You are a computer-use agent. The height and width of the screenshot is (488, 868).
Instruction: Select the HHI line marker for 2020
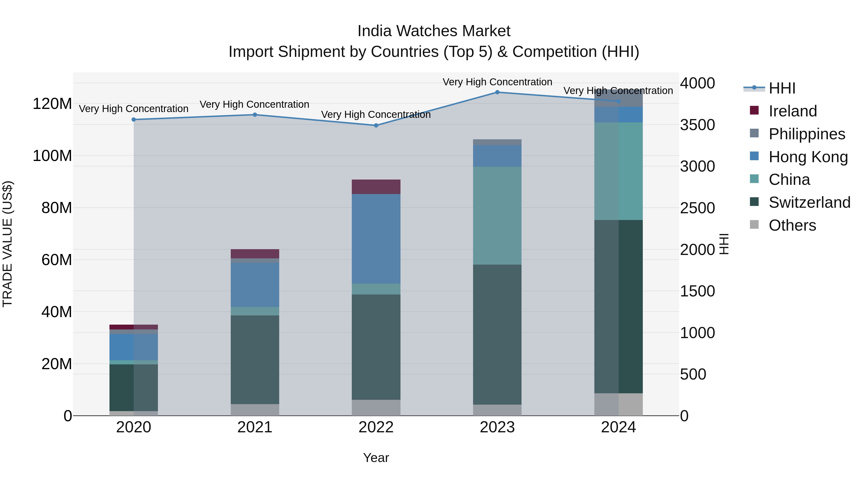[x=134, y=120]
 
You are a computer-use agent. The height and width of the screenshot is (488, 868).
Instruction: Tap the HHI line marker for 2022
[x=376, y=125]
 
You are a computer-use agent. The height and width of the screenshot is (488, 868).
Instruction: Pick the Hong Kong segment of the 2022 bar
[x=376, y=239]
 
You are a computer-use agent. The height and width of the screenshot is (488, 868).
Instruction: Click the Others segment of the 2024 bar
[x=618, y=404]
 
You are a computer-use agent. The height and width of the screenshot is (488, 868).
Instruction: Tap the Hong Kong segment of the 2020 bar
[x=134, y=347]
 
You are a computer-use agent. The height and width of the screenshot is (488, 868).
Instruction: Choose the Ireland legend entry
[x=793, y=111]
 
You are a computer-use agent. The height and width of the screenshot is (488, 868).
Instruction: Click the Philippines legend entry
[x=807, y=134]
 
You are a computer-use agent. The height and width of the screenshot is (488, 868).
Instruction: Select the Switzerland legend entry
[x=809, y=202]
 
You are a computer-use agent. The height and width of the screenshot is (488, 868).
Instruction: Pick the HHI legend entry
[x=782, y=88]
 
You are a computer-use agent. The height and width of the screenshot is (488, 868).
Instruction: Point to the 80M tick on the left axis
[x=57, y=208]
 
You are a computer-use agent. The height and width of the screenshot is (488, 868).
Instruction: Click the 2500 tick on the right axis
[x=697, y=208]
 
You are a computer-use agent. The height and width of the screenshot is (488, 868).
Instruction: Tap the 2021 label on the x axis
[x=255, y=427]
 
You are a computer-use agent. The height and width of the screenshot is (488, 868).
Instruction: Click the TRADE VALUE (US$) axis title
[x=8, y=244]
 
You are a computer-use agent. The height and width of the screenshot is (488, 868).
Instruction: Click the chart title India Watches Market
[x=434, y=31]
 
